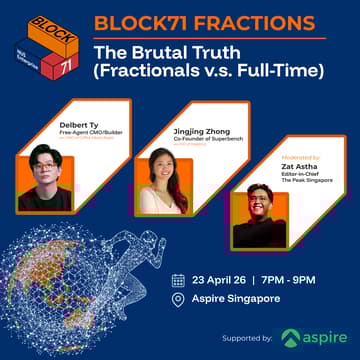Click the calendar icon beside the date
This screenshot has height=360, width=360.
coord(178,279)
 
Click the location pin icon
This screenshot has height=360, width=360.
coord(178,299)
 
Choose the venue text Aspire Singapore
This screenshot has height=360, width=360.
coord(237,299)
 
